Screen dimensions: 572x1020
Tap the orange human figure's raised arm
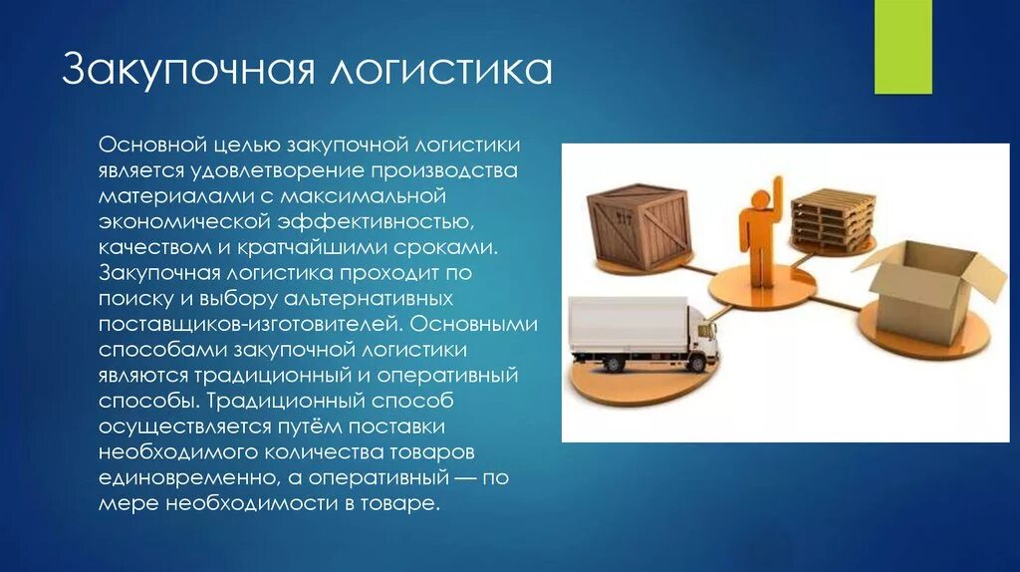[x=773, y=192]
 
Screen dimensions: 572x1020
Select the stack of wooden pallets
[x=833, y=216]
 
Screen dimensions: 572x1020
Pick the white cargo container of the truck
[x=628, y=328]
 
